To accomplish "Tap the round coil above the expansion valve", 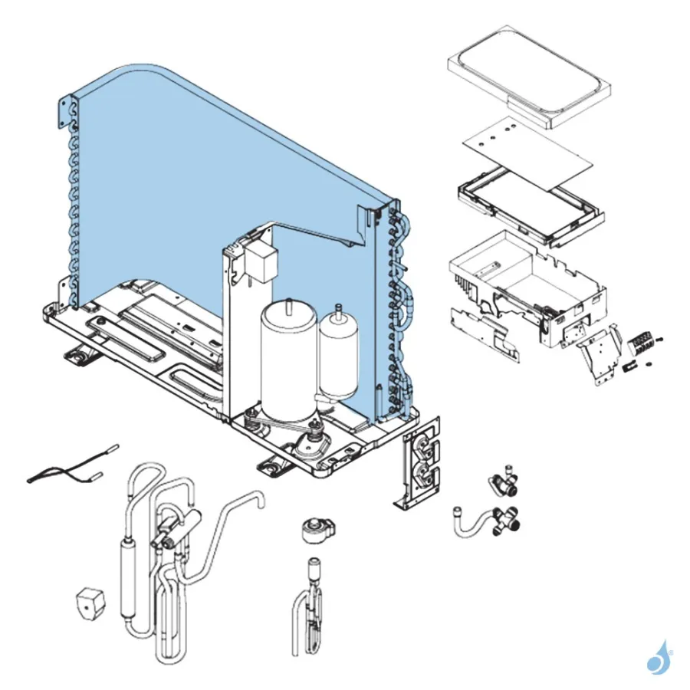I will (314, 530).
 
